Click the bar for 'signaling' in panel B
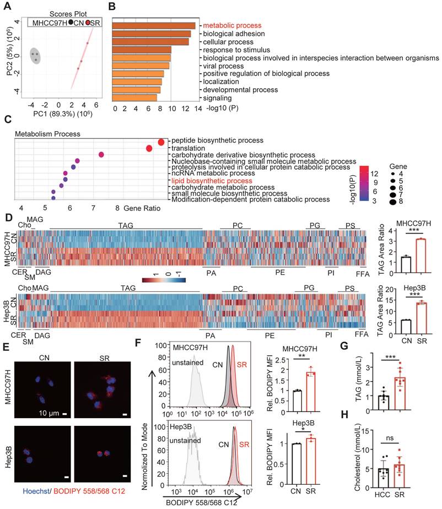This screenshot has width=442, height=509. pos(134,98)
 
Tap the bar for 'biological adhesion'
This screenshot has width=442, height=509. pos(152,34)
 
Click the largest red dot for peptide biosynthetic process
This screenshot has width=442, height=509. pos(161,142)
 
